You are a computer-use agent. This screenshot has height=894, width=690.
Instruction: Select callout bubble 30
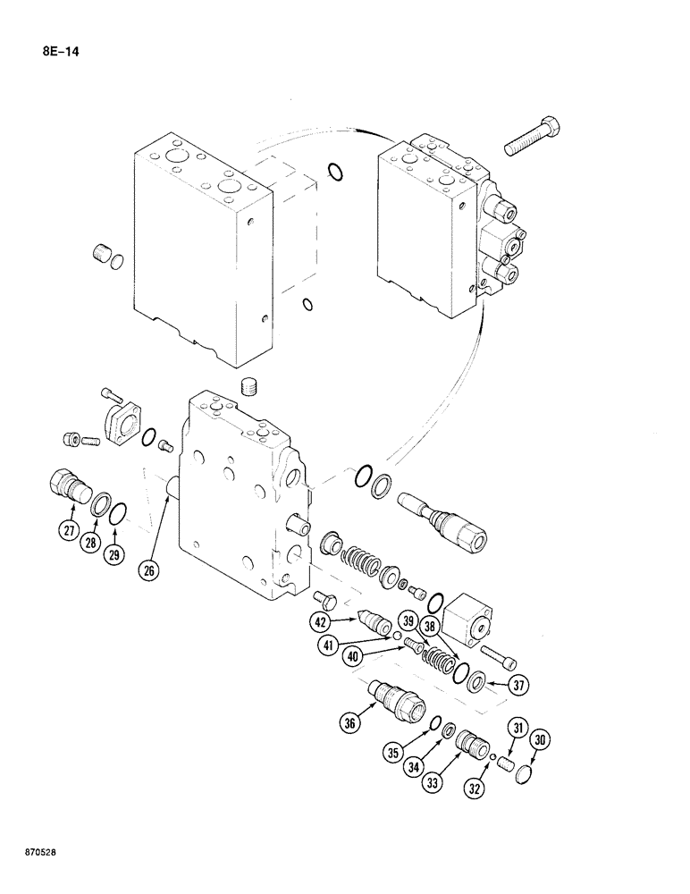point(539,739)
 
